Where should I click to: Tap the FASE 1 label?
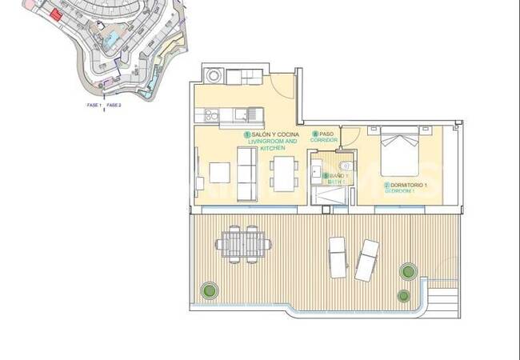click(94, 105)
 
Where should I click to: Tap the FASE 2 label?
click(114, 105)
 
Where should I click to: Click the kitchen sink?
click(253, 114)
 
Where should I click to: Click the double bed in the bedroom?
click(398, 152)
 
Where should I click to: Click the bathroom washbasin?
click(316, 170)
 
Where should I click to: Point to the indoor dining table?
click(285, 174)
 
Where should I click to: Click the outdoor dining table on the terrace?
click(243, 243)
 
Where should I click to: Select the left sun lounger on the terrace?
click(338, 256)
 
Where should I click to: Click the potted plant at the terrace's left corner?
click(210, 288)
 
